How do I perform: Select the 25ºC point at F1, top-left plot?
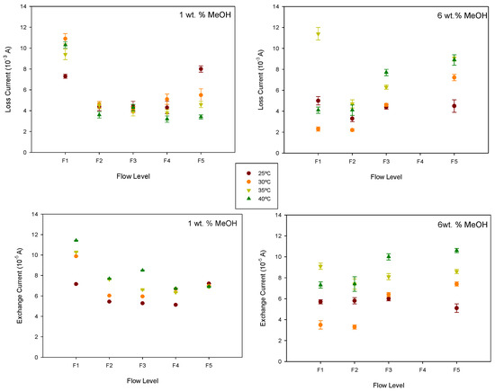pos(65,76)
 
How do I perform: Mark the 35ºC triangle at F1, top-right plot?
pos(318,34)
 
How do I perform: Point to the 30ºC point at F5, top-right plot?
pos(454,77)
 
